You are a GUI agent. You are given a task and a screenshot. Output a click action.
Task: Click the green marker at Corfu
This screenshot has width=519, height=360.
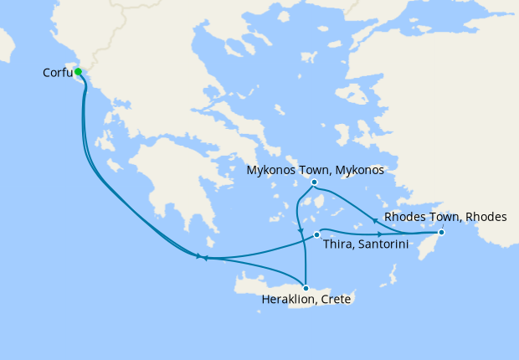click(78, 72)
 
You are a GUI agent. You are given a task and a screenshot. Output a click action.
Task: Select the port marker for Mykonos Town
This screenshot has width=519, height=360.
click(314, 183)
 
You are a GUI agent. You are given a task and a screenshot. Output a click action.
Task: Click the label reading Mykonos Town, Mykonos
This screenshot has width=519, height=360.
click(315, 170)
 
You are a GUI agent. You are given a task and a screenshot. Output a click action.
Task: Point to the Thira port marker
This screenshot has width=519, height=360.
click(316, 234)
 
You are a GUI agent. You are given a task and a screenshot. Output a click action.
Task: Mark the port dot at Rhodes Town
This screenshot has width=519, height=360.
click(441, 233)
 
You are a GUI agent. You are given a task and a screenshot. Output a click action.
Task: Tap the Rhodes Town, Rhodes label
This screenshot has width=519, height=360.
click(445, 217)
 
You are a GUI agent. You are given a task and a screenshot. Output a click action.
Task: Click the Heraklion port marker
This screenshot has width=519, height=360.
click(306, 288)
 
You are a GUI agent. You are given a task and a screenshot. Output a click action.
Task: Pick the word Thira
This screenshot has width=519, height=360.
click(336, 245)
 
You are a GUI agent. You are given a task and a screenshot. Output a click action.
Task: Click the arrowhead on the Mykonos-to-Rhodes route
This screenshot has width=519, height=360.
click(373, 220)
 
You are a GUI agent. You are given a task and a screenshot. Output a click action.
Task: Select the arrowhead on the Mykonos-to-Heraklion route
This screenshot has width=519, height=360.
click(300, 229)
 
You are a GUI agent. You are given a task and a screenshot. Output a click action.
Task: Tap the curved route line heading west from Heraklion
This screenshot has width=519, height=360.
click(251, 262)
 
